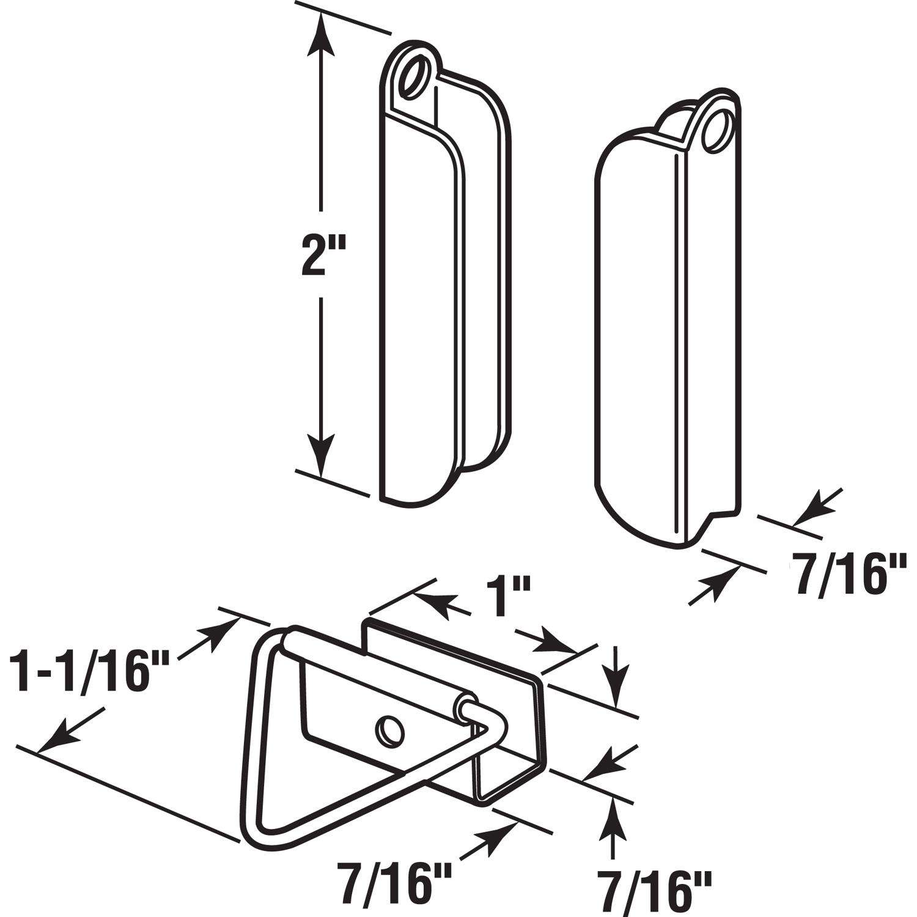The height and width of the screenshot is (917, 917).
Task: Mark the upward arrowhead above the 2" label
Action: (x=320, y=37)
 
